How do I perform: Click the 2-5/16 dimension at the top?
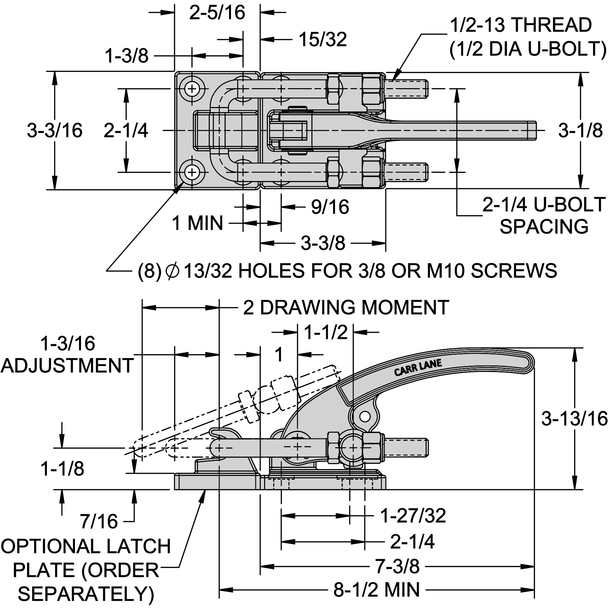pos(217,13)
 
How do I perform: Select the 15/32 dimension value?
pos(323,40)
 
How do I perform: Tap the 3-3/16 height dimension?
pos(55,130)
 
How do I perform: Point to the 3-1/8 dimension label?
pos(580,130)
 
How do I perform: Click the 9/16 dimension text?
pos(330,207)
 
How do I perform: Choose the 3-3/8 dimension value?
pos(323,243)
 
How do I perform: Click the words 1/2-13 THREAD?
pos(521,25)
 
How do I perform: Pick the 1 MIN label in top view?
pos(198,223)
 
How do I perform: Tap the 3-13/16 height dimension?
pos(575,418)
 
